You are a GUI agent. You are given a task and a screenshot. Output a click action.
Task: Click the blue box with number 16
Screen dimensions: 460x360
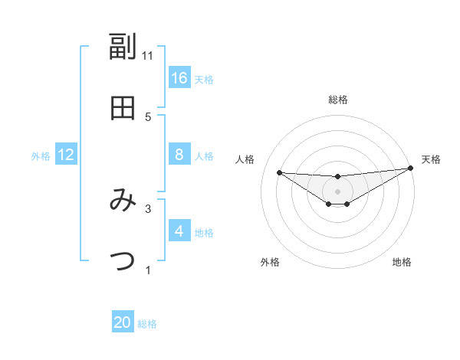coord(179,77)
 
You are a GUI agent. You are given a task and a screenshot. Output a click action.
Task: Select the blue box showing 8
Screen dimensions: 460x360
coord(179,155)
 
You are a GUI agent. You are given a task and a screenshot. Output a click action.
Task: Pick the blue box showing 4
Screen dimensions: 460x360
coord(179,231)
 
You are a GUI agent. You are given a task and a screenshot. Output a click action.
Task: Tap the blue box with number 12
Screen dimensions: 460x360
coord(66,155)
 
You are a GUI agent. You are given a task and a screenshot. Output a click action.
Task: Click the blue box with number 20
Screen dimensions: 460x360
coord(123,322)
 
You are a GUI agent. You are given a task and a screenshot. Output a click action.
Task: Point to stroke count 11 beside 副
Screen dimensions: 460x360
coord(148,55)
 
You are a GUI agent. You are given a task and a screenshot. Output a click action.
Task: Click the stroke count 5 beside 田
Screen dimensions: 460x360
coord(148,116)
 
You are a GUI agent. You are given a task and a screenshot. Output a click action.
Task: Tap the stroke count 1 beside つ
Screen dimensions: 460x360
coord(148,270)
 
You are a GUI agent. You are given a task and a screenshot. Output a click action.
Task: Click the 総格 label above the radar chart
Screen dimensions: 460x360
coord(337,100)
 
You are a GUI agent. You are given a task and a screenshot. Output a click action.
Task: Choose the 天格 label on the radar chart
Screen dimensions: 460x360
coord(431,159)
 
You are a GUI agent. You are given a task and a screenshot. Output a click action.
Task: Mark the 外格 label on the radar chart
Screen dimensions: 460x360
coord(269,262)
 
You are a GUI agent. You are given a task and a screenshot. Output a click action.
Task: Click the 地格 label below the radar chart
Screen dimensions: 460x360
coord(402,262)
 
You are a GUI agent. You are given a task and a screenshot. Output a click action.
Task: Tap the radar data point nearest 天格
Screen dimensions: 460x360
coord(410,168)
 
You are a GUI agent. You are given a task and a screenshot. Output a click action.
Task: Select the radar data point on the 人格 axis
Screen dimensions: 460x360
coord(279,172)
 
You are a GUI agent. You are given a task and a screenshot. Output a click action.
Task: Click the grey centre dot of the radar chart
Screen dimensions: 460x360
coord(337,191)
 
